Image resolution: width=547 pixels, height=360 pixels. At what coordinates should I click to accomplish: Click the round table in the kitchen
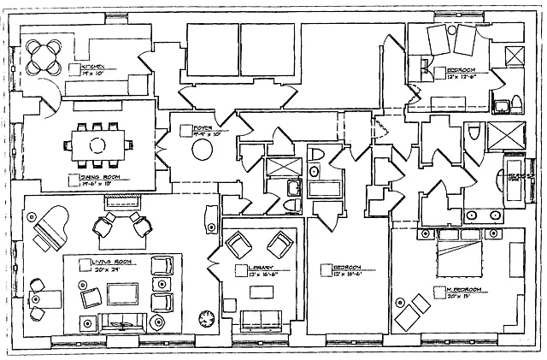tap(42, 57)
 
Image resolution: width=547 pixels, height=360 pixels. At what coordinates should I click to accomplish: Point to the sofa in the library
tap(258, 320)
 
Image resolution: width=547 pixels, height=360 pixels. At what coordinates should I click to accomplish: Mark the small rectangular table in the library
tap(256, 291)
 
